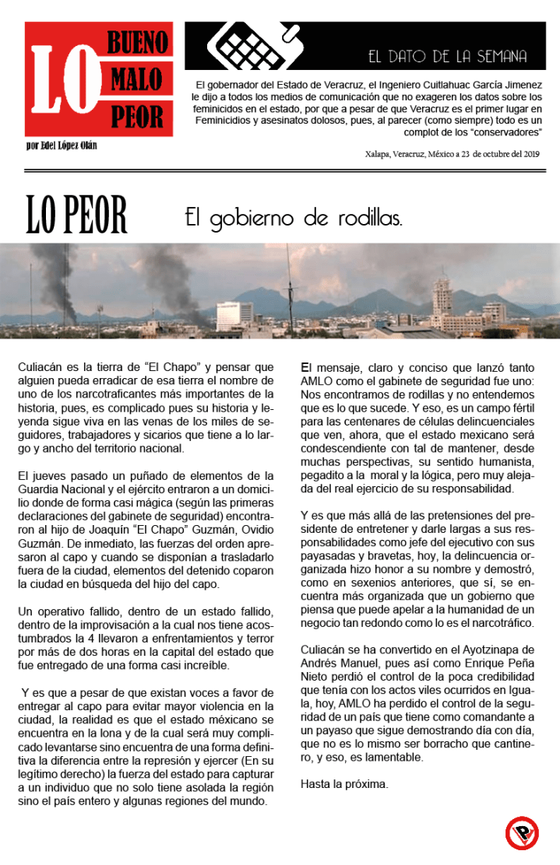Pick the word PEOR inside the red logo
tap(137, 117)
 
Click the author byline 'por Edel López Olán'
tap(61, 145)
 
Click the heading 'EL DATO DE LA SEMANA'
tap(447, 57)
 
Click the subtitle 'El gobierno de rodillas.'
tap(294, 217)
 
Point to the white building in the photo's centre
tap(234, 313)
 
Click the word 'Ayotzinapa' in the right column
tap(483, 649)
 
